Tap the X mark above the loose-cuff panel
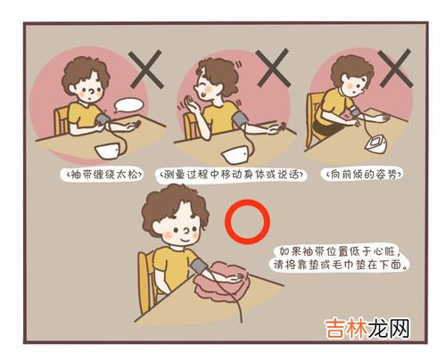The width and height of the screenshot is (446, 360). click(x=145, y=70)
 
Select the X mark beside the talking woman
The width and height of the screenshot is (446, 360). click(x=273, y=68)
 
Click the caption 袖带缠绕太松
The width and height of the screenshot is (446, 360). click(x=102, y=175)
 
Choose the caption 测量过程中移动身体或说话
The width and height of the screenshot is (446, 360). click(x=230, y=175)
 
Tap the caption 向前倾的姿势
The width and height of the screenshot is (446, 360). click(x=362, y=175)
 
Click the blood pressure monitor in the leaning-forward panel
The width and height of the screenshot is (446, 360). click(x=376, y=144)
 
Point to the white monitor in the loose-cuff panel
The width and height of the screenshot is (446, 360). click(x=108, y=151)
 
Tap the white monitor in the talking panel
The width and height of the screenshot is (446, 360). click(x=236, y=155)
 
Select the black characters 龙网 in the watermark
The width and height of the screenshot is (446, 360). click(x=389, y=329)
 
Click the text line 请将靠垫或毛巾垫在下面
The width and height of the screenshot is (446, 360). click(x=340, y=265)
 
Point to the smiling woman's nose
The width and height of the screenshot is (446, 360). click(x=187, y=230)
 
